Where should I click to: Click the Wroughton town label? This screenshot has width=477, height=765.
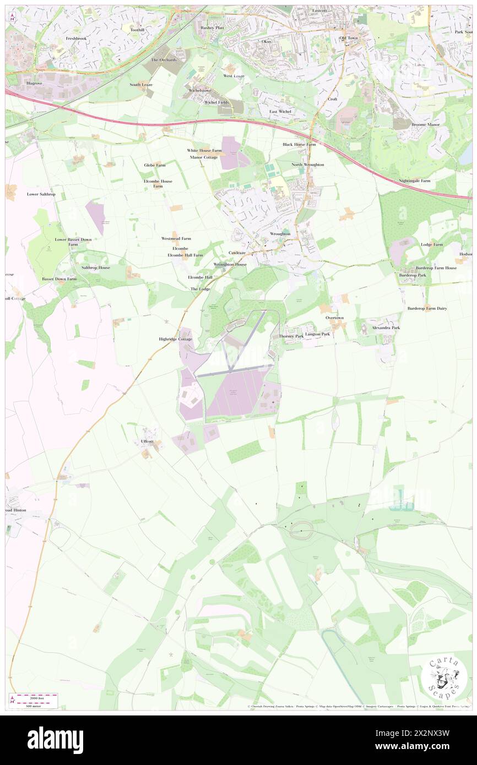[280, 234]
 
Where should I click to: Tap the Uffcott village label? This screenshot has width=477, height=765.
[147, 441]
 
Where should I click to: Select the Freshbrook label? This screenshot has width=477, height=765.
[77, 39]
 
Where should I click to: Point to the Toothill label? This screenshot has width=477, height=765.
[137, 29]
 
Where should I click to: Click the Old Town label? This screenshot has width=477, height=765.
[349, 38]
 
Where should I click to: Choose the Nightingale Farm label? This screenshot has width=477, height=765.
[415, 181]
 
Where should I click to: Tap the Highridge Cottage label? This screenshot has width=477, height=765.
[172, 339]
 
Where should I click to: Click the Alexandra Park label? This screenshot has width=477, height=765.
[386, 327]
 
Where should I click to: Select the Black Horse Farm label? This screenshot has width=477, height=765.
[299, 144]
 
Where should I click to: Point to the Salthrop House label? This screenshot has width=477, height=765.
[96, 267]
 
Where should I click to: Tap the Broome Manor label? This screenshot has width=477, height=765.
[426, 125]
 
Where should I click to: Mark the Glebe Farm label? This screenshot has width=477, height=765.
[155, 165]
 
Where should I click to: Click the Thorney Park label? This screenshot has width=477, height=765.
[291, 336]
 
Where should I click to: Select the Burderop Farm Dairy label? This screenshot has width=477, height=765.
[427, 308]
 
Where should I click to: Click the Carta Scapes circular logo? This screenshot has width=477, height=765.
[444, 676]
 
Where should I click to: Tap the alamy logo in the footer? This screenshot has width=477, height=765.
[56, 740]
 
